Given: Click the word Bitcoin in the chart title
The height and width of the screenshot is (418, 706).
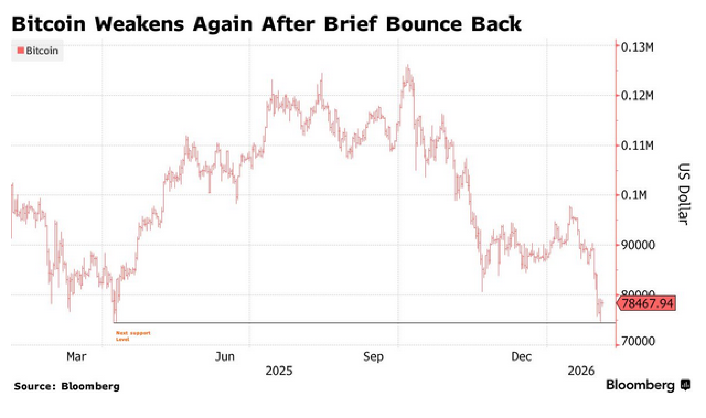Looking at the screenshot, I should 49,24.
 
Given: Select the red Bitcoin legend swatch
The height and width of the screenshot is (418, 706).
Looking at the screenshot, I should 21,50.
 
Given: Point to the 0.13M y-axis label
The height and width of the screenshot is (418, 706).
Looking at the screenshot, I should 637,47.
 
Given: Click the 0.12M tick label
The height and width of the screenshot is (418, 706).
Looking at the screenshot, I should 637,96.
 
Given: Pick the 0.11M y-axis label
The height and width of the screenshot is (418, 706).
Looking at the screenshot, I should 637,145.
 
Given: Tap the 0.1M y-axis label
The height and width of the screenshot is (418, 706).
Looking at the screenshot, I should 634,195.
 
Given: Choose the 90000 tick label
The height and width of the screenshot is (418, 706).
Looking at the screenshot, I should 638,245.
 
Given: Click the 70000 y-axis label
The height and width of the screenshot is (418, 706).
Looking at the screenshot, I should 638,341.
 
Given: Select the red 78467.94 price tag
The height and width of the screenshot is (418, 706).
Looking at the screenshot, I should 647,304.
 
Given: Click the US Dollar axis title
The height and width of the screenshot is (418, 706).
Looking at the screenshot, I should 684,194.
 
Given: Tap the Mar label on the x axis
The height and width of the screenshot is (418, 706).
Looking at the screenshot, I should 76,357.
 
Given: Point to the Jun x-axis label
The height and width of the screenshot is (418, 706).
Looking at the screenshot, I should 225,357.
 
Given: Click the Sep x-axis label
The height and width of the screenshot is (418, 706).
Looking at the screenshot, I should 373,357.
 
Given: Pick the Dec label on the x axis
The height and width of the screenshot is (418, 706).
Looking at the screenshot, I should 521,357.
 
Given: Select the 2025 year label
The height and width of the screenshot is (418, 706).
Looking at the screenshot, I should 279,371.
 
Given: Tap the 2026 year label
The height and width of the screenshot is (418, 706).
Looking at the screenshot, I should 581,371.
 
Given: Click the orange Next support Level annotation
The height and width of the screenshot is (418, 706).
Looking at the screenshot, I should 133,336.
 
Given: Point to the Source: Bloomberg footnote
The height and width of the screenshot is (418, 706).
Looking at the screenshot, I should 67,386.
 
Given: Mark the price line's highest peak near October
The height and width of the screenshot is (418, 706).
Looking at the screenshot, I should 408,66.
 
